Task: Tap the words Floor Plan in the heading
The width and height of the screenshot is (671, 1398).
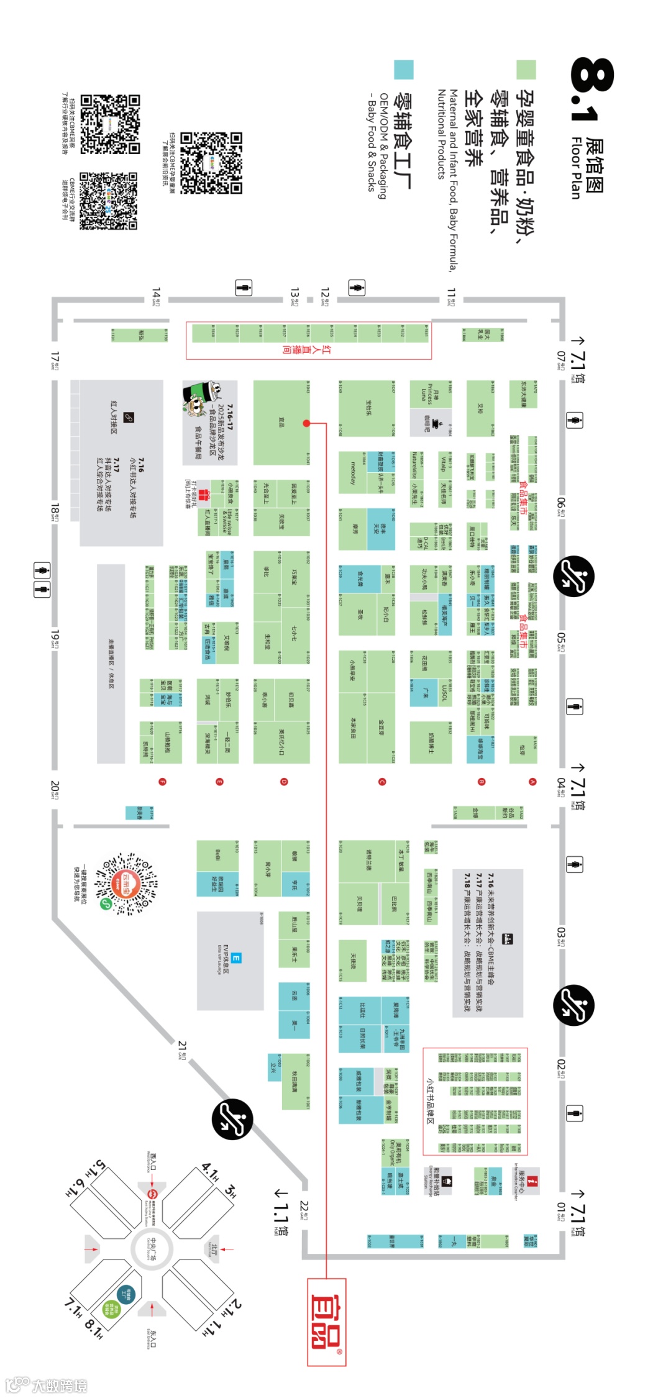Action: tap(576, 168)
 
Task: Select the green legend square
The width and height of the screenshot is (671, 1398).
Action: tap(526, 70)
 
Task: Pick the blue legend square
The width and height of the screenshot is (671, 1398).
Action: tap(404, 70)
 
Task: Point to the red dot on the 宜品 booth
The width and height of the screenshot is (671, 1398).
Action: tap(306, 423)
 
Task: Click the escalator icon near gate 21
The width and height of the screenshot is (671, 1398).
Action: tap(232, 1119)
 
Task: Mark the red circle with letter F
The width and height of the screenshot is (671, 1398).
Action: tap(162, 782)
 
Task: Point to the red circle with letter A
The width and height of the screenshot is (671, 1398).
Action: tap(532, 782)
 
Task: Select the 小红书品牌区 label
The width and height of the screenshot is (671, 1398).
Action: tap(429, 1100)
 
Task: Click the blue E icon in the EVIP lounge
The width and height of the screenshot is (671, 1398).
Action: tap(236, 957)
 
